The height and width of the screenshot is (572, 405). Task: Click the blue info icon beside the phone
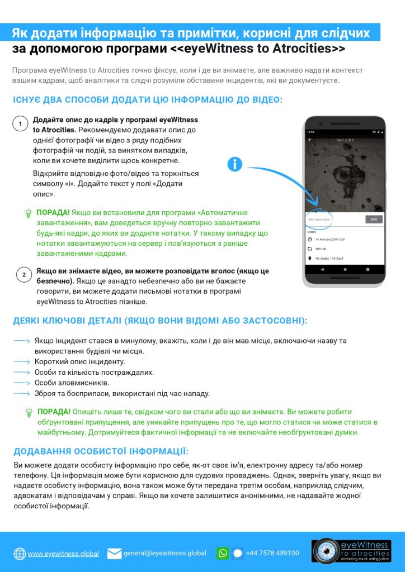pyautogui.click(x=236, y=164)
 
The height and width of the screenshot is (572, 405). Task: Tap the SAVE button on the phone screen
pyautogui.click(x=374, y=220)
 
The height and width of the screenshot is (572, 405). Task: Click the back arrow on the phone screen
pyautogui.click(x=310, y=140)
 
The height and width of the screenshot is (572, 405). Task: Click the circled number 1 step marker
pyautogui.click(x=21, y=123)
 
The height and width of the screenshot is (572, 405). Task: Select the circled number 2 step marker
pyautogui.click(x=23, y=274)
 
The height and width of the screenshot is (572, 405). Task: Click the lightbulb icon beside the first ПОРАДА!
pyautogui.click(x=28, y=213)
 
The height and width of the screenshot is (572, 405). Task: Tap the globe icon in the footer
pyautogui.click(x=20, y=554)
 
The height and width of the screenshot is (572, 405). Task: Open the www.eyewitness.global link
pyautogui.click(x=63, y=554)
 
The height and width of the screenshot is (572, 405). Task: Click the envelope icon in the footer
pyautogui.click(x=114, y=554)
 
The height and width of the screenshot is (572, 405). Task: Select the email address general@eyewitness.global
pyautogui.click(x=164, y=553)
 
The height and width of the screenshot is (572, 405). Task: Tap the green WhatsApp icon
pyautogui.click(x=223, y=553)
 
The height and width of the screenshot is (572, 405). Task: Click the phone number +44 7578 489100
pyautogui.click(x=272, y=553)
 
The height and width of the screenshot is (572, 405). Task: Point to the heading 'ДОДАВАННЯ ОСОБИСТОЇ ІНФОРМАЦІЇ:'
pyautogui.click(x=101, y=451)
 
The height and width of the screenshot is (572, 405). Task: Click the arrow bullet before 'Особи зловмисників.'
pyautogui.click(x=22, y=383)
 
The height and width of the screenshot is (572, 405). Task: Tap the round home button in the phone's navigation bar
pyautogui.click(x=345, y=269)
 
